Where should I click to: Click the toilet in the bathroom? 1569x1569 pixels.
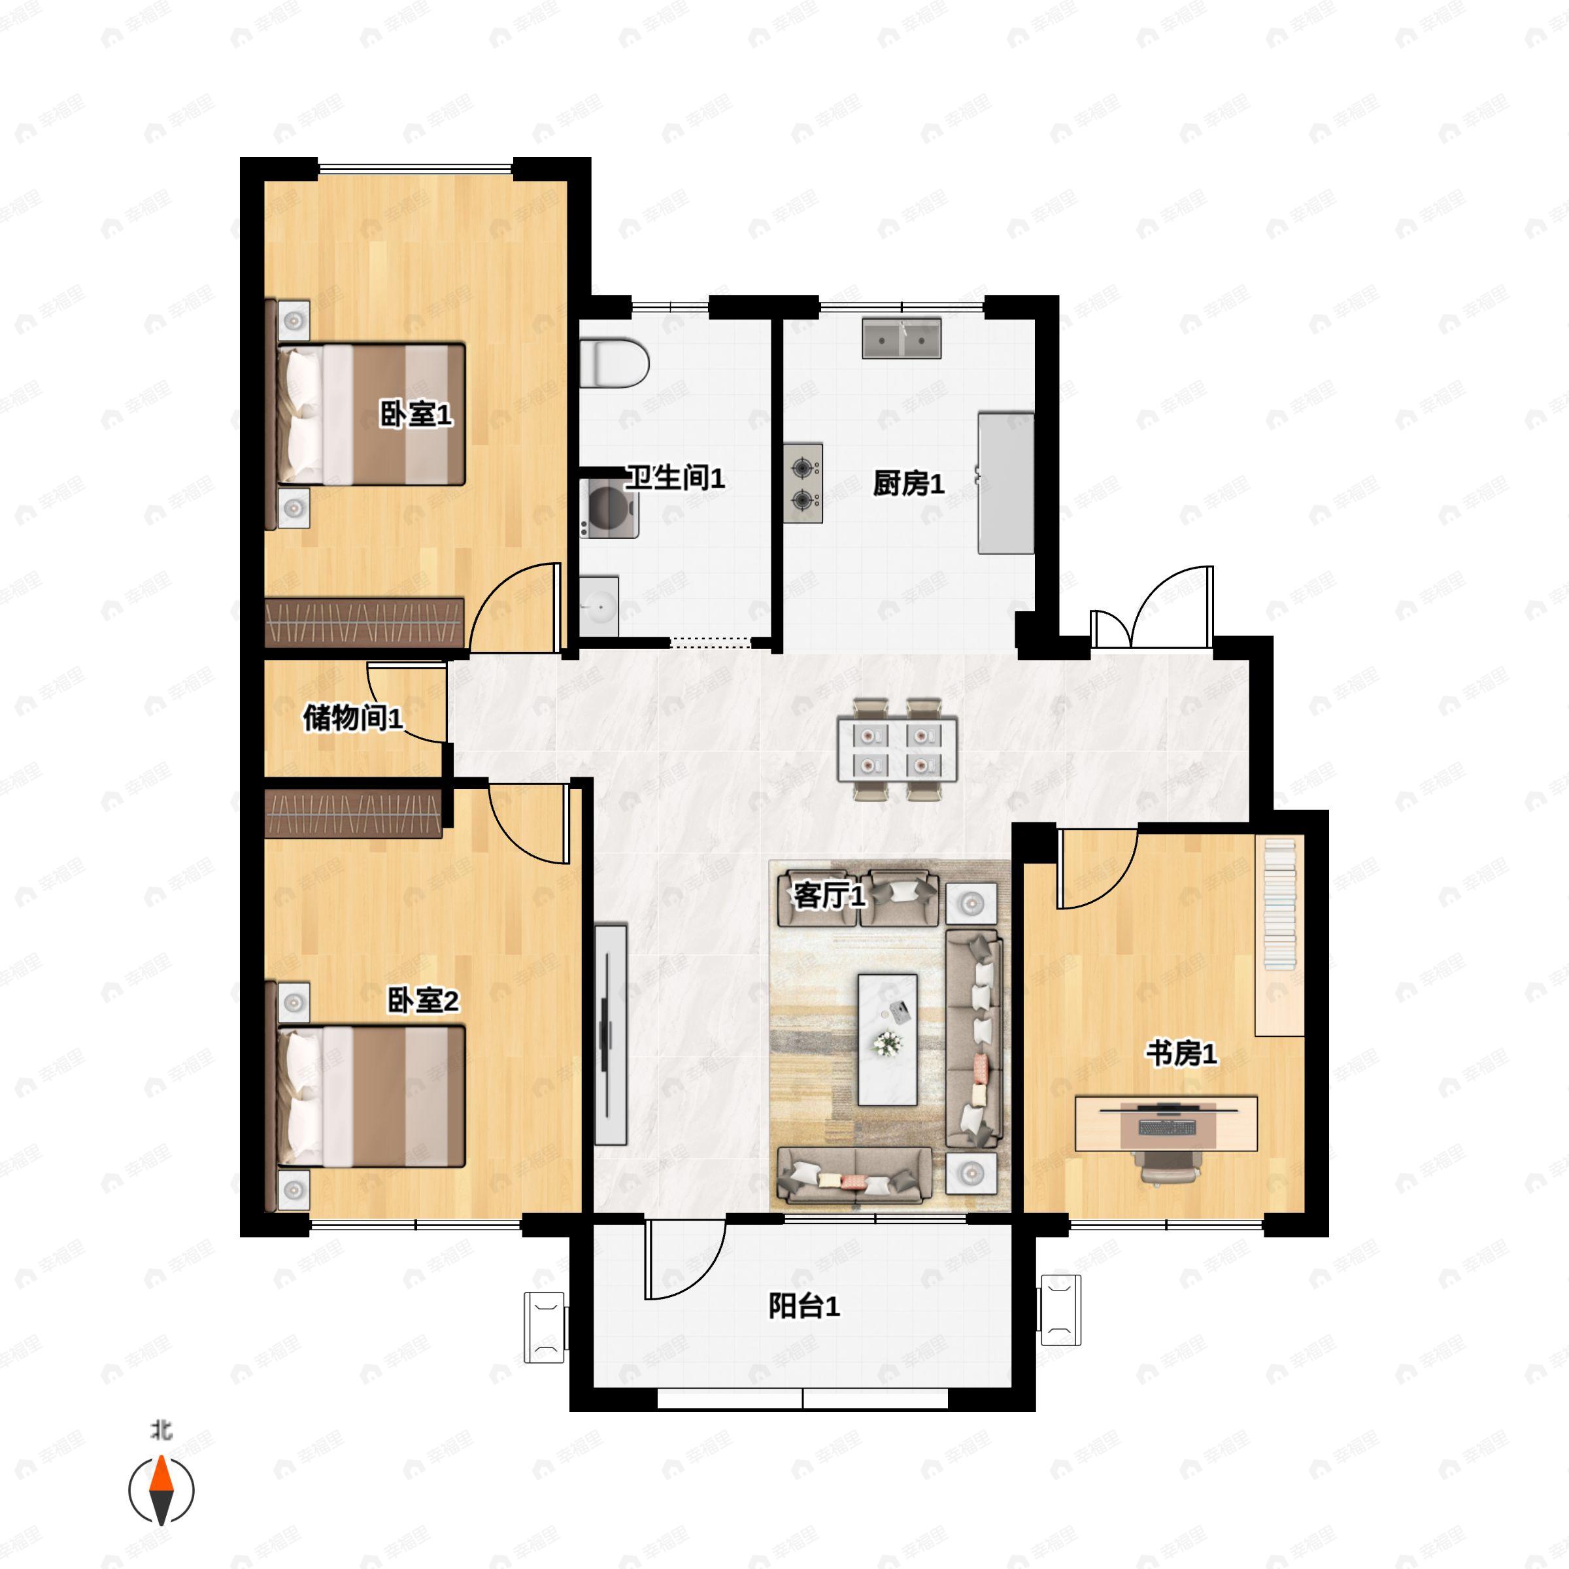pyautogui.click(x=614, y=362)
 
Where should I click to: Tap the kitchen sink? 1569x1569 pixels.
pyautogui.click(x=902, y=339)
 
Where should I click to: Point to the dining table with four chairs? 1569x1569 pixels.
pyautogui.click(x=898, y=749)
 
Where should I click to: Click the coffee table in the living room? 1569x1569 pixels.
pyautogui.click(x=888, y=1039)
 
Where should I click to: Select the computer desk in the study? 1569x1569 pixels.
pyautogui.click(x=1166, y=1124)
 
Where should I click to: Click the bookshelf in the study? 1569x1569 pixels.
pyautogui.click(x=1280, y=935)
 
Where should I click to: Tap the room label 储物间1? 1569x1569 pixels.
pyautogui.click(x=353, y=718)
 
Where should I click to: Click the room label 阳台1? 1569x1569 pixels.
pyautogui.click(x=804, y=1307)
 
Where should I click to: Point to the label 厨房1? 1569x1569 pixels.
pyautogui.click(x=909, y=484)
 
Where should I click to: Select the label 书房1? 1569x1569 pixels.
pyautogui.click(x=1181, y=1054)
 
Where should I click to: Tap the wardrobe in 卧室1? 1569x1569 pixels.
pyautogui.click(x=365, y=623)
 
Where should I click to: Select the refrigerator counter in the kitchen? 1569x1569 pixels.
pyautogui.click(x=1006, y=483)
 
